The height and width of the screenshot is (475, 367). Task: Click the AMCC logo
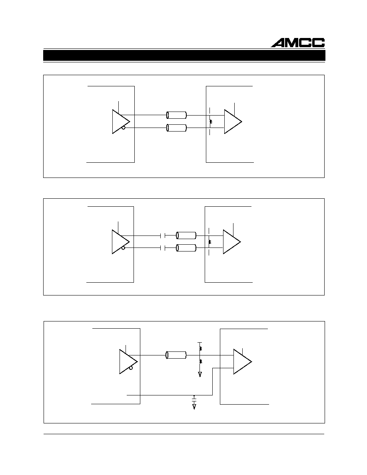298,43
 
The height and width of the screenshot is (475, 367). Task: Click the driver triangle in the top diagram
121,122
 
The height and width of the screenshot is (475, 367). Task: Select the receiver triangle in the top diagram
233,122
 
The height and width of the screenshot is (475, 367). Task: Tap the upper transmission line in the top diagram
177,115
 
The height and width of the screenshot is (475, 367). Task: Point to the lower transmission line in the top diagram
177,128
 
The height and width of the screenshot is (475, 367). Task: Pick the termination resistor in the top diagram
211,122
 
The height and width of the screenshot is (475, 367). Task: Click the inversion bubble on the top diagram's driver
124,128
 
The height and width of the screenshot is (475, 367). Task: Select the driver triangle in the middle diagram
120,242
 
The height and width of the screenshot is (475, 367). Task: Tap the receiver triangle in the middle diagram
232,242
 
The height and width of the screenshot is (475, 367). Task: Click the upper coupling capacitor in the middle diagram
162,236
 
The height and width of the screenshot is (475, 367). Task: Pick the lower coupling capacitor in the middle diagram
162,248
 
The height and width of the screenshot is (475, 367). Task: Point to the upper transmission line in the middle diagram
186,236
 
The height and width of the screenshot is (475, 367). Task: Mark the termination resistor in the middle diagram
210,242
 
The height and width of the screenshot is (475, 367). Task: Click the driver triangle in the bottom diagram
128,361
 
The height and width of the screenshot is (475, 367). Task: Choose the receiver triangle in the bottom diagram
243,361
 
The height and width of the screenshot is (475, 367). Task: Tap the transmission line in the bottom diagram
176,355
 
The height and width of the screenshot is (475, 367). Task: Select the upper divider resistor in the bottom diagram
200,349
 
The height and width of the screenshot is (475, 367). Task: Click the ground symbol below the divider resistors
200,375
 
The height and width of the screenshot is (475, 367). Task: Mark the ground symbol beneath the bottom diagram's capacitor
194,407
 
